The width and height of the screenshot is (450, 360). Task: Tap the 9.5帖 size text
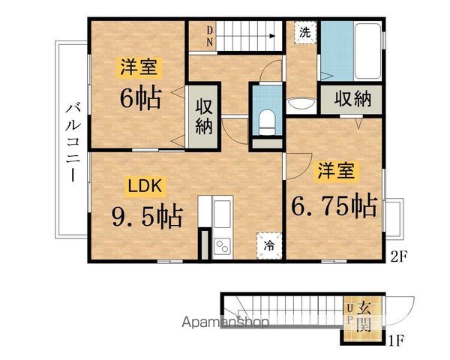pyautogui.click(x=147, y=217)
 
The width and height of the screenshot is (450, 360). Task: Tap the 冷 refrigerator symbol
pyautogui.click(x=268, y=244)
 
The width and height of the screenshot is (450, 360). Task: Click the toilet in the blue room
pyautogui.click(x=265, y=119)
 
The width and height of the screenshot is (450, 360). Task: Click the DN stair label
pyautogui.click(x=211, y=37)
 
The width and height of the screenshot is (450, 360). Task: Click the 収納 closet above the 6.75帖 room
pyautogui.click(x=352, y=98)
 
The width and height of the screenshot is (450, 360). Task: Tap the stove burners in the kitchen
pyautogui.click(x=223, y=244)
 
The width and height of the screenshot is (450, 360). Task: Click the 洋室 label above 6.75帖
pyautogui.click(x=334, y=170)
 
